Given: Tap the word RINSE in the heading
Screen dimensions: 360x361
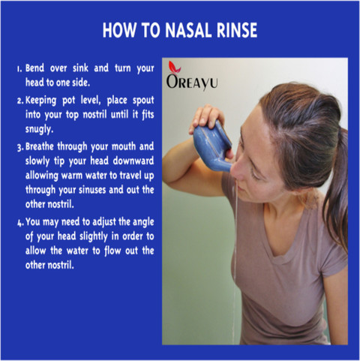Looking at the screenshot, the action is pos(237,30).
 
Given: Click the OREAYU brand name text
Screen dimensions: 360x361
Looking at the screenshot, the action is pos(192,83).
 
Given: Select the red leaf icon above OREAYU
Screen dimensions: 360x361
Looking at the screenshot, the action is pos(174,68).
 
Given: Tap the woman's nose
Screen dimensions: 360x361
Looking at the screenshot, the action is pos(236,170).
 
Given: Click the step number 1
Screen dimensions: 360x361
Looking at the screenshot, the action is pos(19,69).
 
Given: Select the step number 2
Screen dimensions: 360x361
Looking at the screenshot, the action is pos(20,101).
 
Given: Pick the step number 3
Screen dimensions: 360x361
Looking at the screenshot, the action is pos(20,148).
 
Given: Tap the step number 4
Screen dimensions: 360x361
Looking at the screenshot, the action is pos(20,223).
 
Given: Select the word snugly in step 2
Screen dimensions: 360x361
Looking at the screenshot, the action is pos(39,129).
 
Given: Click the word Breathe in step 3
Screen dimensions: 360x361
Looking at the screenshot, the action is pos(40,146).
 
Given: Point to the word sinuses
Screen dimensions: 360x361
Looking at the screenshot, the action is pos(92,190).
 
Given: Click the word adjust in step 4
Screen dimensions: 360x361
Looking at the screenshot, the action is pos(104,222).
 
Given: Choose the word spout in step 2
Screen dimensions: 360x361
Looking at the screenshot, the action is pos(143,101).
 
